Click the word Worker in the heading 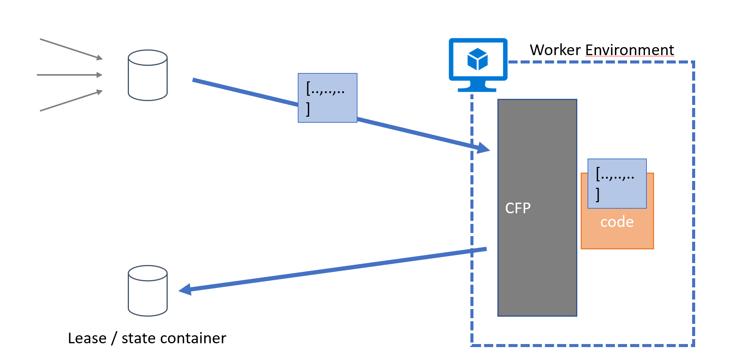(x=555, y=50)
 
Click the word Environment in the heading (x=629, y=50)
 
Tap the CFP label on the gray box (x=518, y=208)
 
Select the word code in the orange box (x=617, y=222)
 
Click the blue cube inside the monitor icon (x=478, y=59)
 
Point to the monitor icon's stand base (x=477, y=89)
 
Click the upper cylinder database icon (x=148, y=75)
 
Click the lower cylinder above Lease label (x=148, y=291)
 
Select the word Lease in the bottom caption (x=87, y=338)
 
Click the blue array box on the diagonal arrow (x=327, y=98)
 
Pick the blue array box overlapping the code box (x=617, y=183)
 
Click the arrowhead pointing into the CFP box (x=483, y=147)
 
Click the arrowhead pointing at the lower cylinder (x=185, y=290)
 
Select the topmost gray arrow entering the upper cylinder (x=71, y=49)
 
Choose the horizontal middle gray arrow (x=70, y=75)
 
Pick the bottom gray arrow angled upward (x=71, y=101)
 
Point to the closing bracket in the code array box (x=598, y=195)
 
